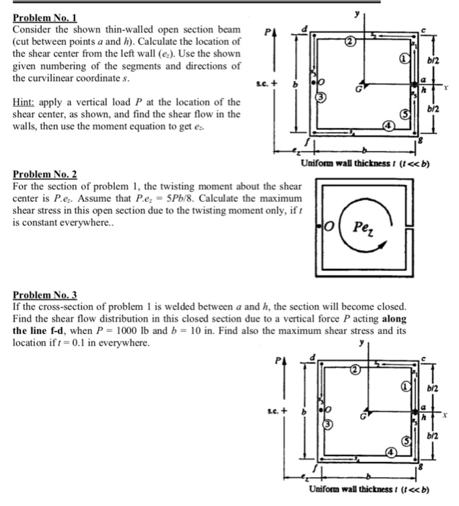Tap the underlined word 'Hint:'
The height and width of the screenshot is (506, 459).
[x=27, y=102]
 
